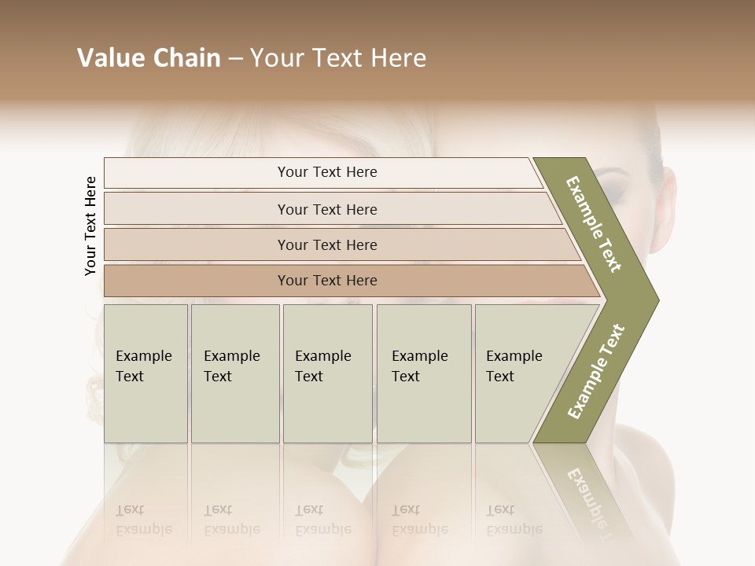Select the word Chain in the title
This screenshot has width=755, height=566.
[187, 58]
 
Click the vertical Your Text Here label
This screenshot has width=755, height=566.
[90, 226]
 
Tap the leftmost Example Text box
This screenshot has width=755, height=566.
[145, 373]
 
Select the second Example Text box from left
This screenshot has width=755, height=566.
[235, 373]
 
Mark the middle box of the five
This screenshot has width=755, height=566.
[327, 373]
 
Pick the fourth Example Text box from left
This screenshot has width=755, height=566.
[424, 373]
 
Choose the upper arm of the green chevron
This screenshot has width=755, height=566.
[594, 224]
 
